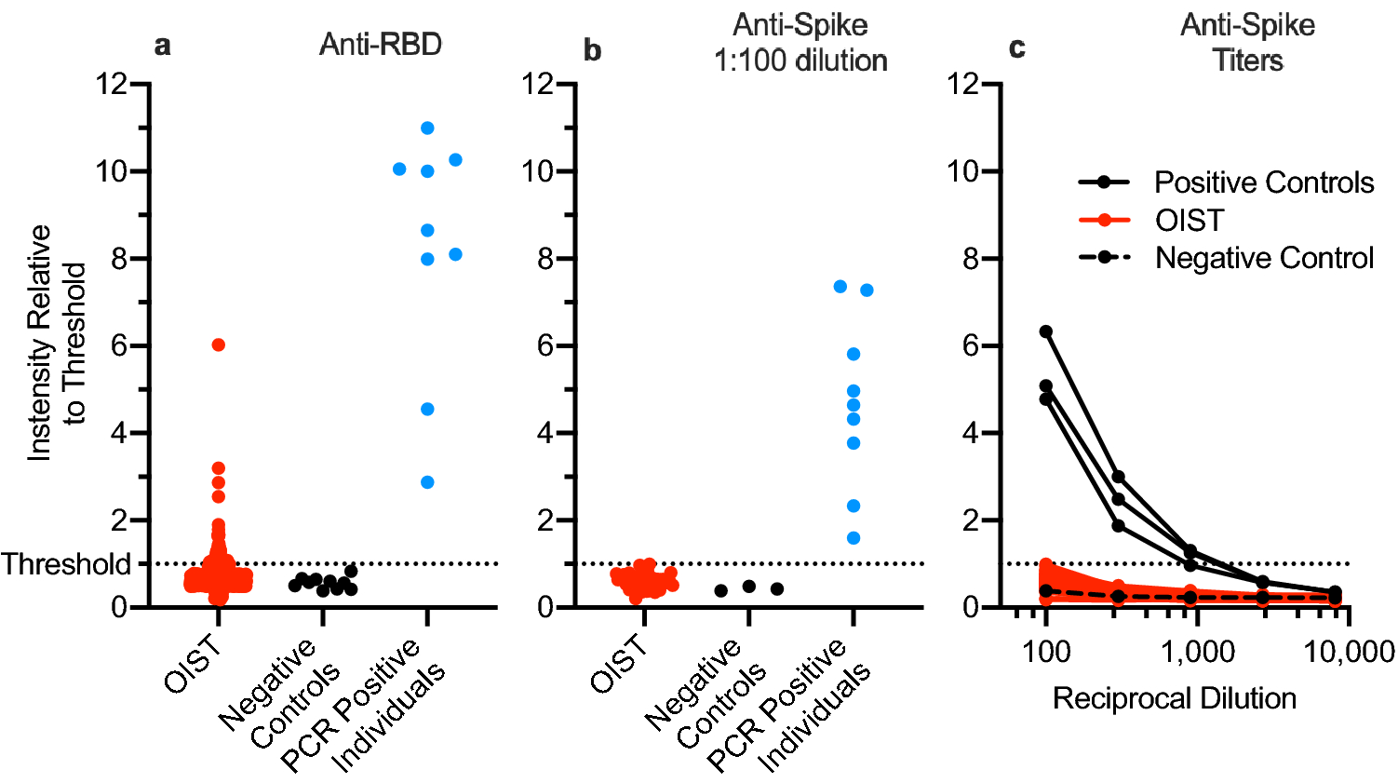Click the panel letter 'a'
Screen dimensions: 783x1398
(162, 45)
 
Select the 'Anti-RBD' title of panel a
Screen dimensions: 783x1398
(380, 45)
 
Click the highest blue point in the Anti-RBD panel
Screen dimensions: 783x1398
(427, 128)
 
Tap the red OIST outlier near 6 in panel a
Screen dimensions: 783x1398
(219, 344)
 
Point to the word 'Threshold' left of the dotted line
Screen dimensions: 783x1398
(66, 564)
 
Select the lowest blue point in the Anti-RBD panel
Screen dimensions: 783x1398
(427, 482)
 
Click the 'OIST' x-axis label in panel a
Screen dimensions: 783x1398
(194, 665)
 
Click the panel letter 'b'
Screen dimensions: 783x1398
(592, 50)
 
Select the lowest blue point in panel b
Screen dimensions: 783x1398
(854, 538)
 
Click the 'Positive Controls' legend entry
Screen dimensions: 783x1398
(1263, 182)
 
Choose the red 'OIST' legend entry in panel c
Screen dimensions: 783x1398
(1189, 221)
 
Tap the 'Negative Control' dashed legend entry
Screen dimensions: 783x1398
(1263, 258)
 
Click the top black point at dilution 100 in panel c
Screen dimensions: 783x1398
(1046, 331)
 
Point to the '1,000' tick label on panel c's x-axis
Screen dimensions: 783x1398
(1197, 652)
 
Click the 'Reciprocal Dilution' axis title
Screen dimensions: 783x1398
(1174, 698)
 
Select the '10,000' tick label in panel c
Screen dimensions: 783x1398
(1349, 652)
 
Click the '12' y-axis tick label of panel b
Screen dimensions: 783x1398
(538, 84)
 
